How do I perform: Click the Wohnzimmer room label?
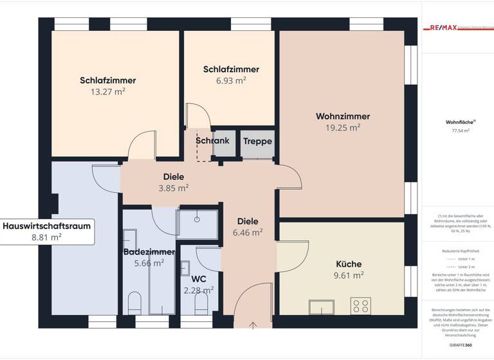[x=342, y=116]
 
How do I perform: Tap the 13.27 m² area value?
[x=108, y=92]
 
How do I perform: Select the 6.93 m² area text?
[x=231, y=81]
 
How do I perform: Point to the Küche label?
[x=349, y=264]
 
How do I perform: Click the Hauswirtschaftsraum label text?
[x=47, y=226]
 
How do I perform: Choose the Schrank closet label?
[x=212, y=141]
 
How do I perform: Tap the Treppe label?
[x=257, y=141]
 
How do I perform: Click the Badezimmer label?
[x=149, y=251]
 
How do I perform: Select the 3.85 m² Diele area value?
[x=174, y=188]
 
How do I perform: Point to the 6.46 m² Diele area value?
[x=248, y=232]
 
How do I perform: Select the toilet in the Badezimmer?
[x=134, y=303]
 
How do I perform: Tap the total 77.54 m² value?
[x=461, y=130]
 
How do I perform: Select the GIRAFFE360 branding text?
[x=461, y=345]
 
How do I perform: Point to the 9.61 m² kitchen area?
[x=349, y=274]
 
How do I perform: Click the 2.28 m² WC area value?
[x=198, y=290]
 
